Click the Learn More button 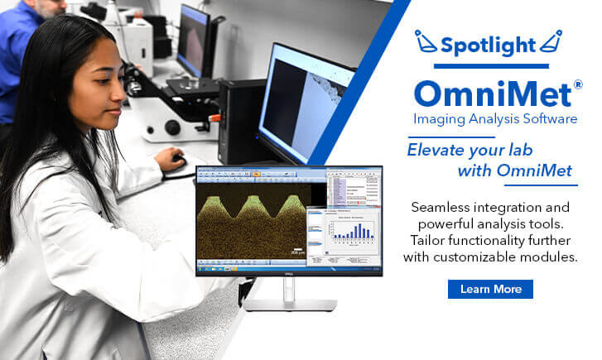coord(490,289)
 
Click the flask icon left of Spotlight coord(425,41)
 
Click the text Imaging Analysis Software coord(495,120)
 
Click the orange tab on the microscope coord(213,117)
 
